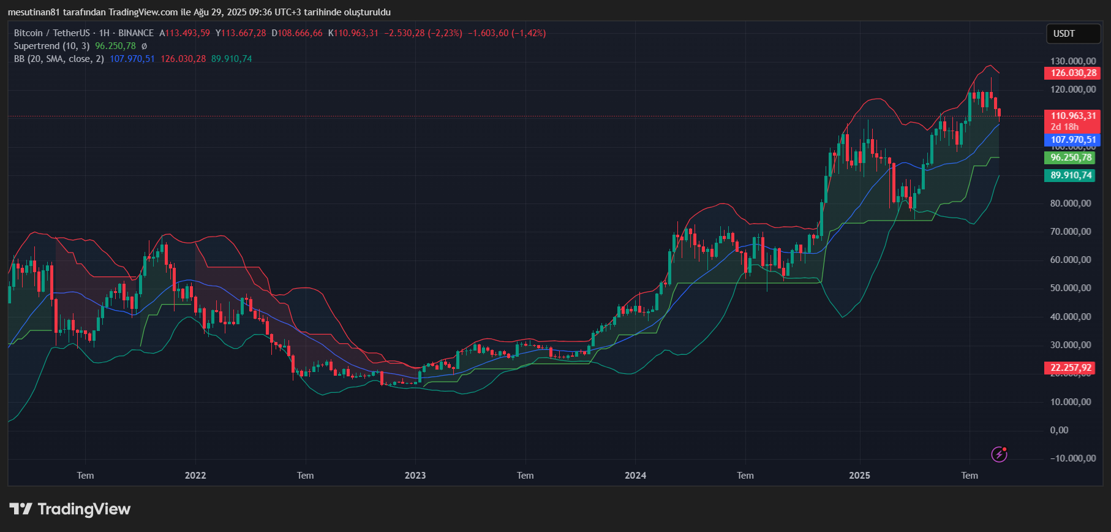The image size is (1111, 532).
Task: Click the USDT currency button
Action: coord(1072,34)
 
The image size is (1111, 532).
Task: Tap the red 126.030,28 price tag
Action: coord(1073,73)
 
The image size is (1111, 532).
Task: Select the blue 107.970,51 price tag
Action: coord(1073,140)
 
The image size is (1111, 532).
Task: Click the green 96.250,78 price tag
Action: coord(1071,158)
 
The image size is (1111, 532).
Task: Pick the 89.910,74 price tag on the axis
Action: coord(1071,175)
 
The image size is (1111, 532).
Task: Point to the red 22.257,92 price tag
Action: coord(1071,368)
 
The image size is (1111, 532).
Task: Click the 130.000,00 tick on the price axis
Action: coord(1073,61)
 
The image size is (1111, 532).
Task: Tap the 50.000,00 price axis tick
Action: coord(1071,288)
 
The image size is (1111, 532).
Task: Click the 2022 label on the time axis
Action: coord(195,476)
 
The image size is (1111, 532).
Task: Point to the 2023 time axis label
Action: coord(415,476)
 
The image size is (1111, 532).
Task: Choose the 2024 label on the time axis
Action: coord(635,476)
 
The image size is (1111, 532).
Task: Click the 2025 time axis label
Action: coord(859,476)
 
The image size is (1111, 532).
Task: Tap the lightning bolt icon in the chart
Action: coord(999,454)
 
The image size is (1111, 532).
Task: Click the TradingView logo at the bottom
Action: coord(70,509)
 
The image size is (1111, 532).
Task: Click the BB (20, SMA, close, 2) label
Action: coord(59,59)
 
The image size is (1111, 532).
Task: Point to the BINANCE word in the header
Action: coord(136,33)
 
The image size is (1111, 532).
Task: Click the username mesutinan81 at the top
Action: coord(34,12)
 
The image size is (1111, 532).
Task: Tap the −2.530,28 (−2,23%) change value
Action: coord(423,33)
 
